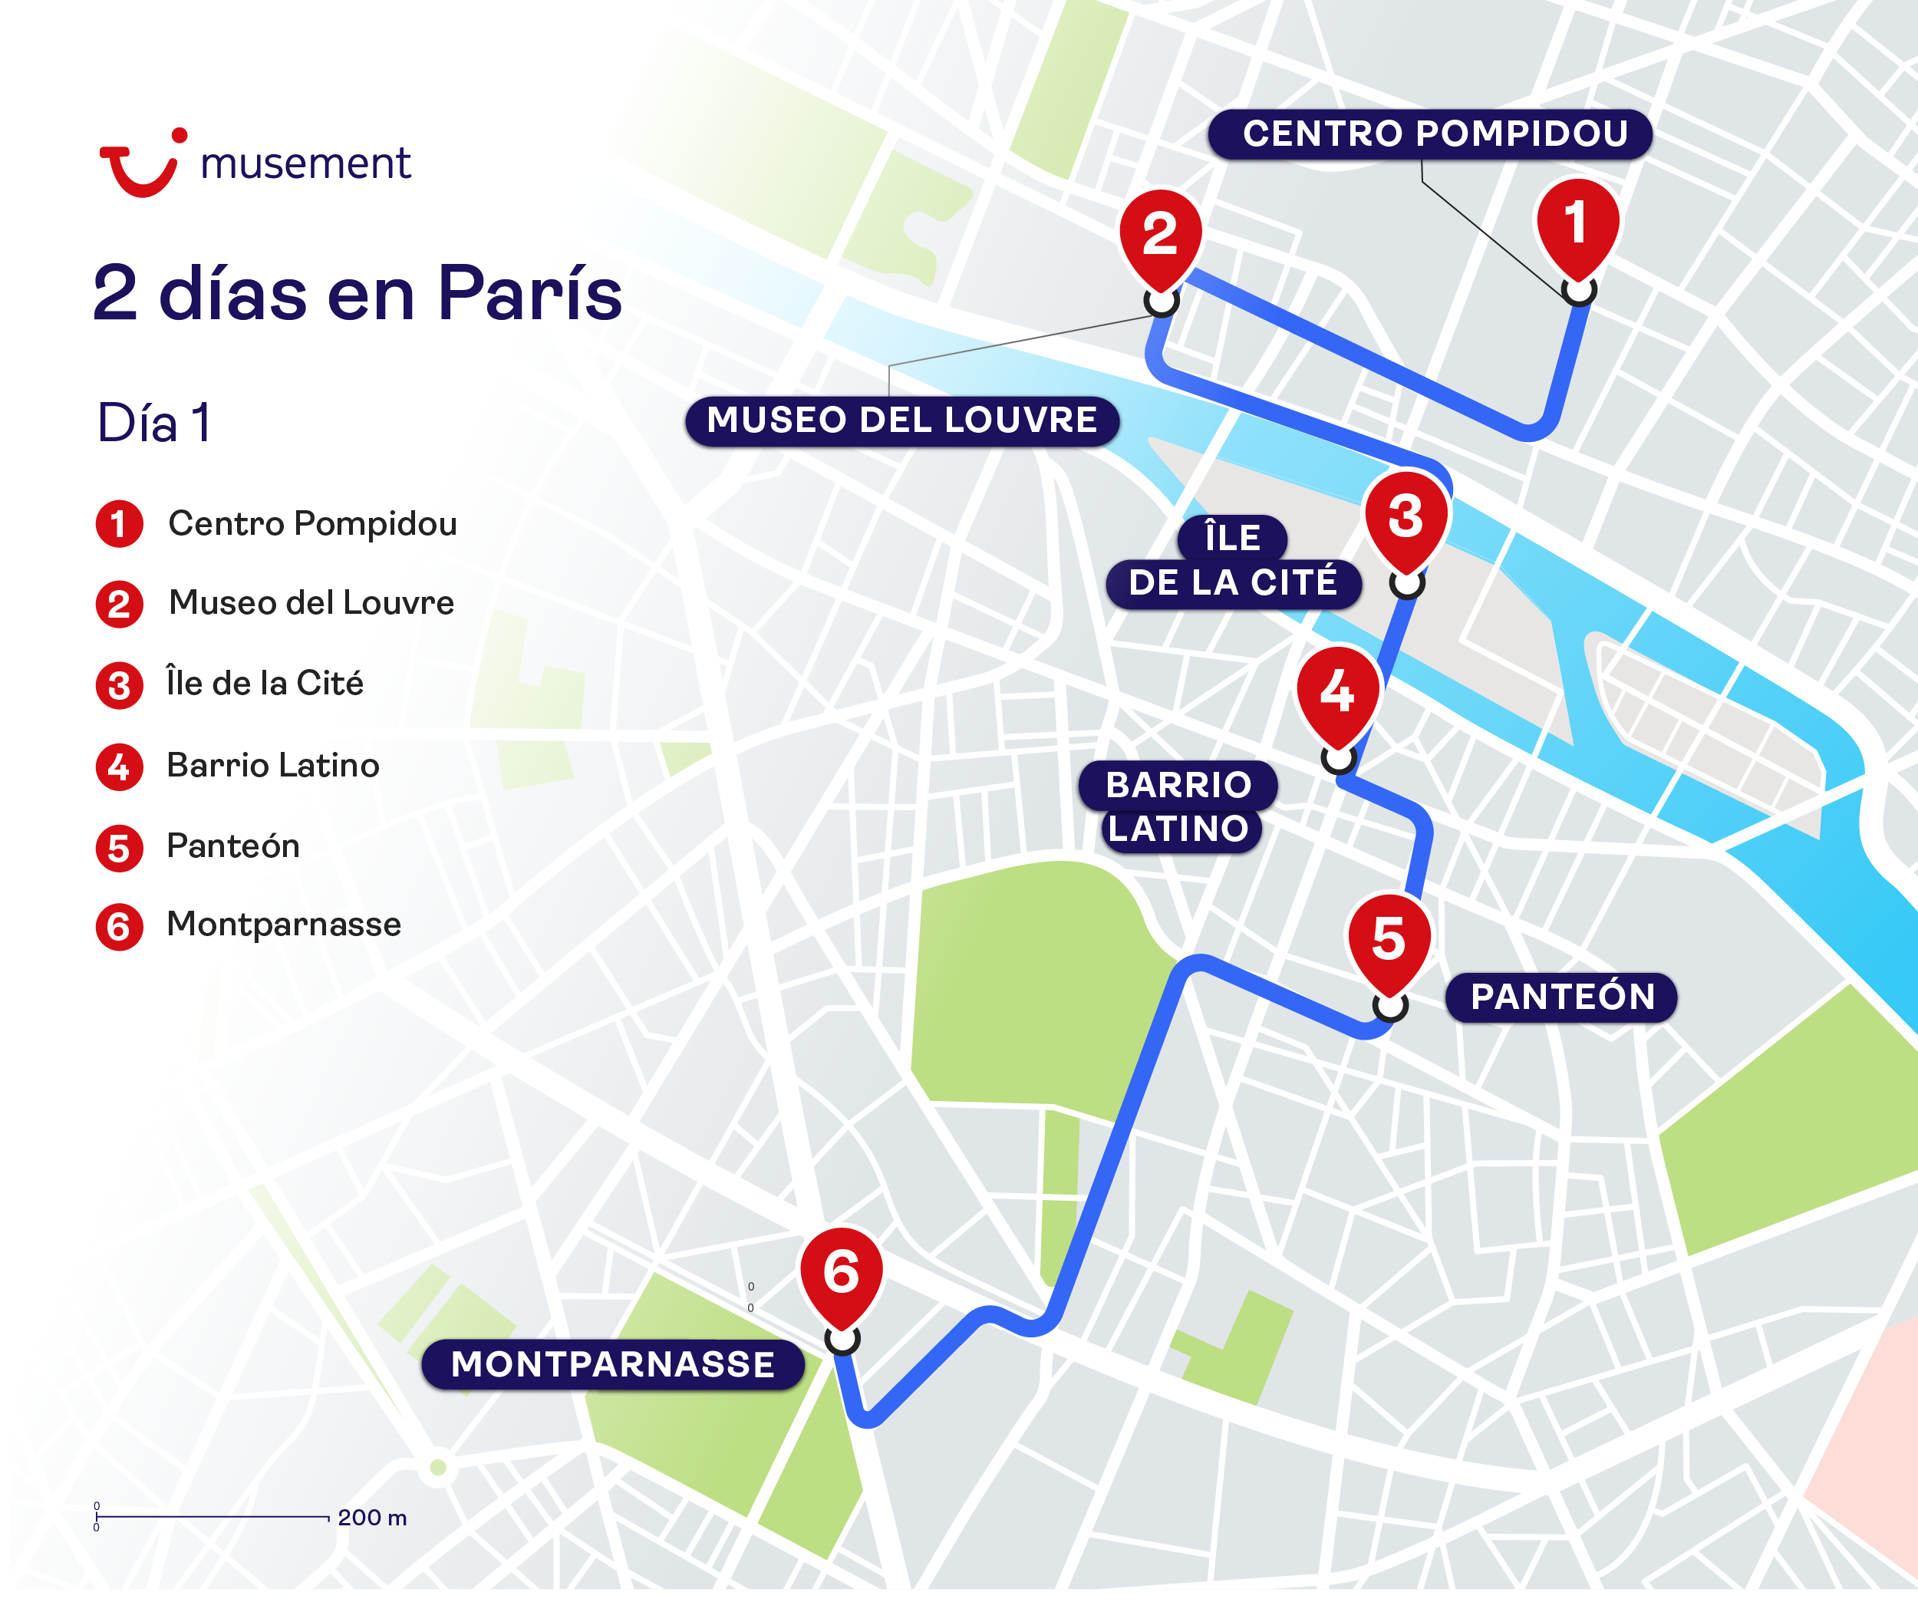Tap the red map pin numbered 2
[x=1160, y=236]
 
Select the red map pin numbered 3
[x=1406, y=519]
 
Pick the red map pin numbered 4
[x=1338, y=694]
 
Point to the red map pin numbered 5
[x=1389, y=941]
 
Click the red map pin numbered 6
[x=841, y=1274]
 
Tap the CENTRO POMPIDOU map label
[x=1429, y=134]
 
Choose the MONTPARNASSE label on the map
[x=613, y=1365]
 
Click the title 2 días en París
[x=357, y=294]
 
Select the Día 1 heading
[x=154, y=424]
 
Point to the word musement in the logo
[x=306, y=164]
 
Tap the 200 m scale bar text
[x=372, y=1518]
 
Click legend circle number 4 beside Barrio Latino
[x=119, y=767]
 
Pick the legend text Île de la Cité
[x=265, y=684]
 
